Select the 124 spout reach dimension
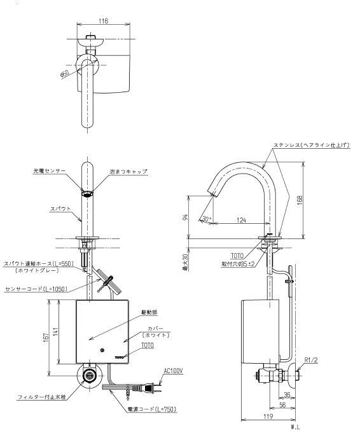242,221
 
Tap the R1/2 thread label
311,360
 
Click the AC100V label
173,371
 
